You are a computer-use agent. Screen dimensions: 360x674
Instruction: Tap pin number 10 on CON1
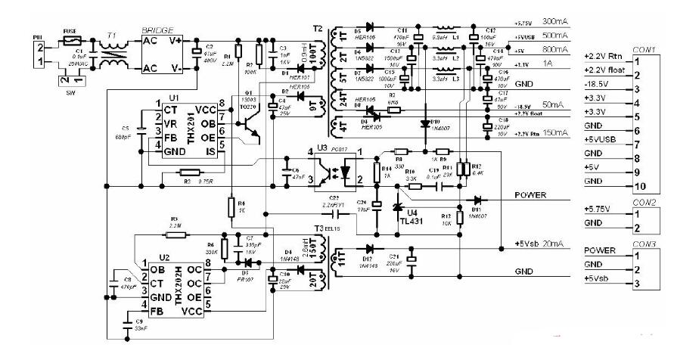coord(638,185)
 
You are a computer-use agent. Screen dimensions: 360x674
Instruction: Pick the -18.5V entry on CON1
coord(597,88)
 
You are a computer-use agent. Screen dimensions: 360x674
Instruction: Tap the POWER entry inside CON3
coord(601,250)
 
